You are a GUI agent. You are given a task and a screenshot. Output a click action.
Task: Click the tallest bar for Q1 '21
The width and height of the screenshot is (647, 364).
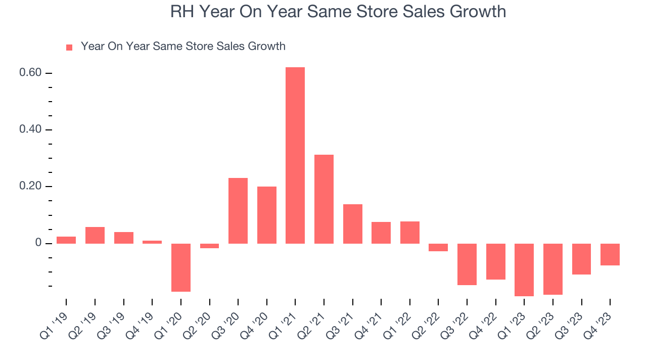click(295, 155)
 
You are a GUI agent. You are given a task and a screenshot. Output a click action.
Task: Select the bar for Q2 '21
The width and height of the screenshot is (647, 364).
click(324, 199)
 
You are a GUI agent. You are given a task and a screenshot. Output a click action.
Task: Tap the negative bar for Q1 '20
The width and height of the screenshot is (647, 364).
click(181, 267)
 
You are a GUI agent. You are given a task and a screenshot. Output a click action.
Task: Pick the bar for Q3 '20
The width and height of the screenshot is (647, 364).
click(238, 211)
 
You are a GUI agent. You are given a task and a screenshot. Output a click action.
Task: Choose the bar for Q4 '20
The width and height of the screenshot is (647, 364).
click(267, 215)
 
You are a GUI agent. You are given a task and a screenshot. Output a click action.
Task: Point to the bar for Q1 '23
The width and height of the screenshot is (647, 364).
click(524, 269)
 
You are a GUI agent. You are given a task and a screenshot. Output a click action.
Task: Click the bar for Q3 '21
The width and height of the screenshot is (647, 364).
click(353, 224)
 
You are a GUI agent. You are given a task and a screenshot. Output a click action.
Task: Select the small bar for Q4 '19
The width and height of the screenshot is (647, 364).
click(152, 242)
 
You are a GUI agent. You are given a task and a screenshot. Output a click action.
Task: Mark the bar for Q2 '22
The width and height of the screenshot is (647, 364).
click(438, 247)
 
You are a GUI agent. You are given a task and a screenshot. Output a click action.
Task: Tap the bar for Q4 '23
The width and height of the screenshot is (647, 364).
click(610, 254)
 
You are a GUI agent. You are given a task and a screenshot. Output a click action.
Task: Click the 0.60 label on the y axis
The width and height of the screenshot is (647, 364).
click(29, 73)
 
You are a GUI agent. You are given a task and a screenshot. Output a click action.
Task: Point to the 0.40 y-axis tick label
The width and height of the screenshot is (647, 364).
click(29, 130)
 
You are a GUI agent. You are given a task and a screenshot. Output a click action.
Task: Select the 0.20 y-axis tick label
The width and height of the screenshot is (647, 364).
click(29, 187)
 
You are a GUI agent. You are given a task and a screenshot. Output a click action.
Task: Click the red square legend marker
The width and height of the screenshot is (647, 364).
click(69, 48)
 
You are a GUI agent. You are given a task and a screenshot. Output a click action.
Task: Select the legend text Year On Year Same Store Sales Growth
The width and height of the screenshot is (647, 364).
click(183, 47)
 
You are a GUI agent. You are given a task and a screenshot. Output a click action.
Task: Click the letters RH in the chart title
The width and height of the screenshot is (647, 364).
click(181, 12)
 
